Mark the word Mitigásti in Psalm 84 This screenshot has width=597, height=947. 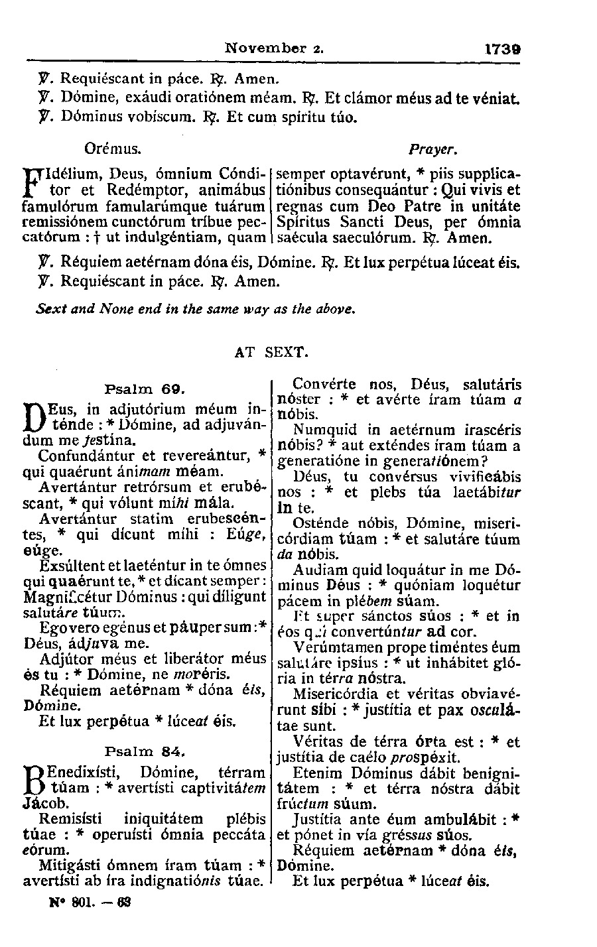click(70, 865)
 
